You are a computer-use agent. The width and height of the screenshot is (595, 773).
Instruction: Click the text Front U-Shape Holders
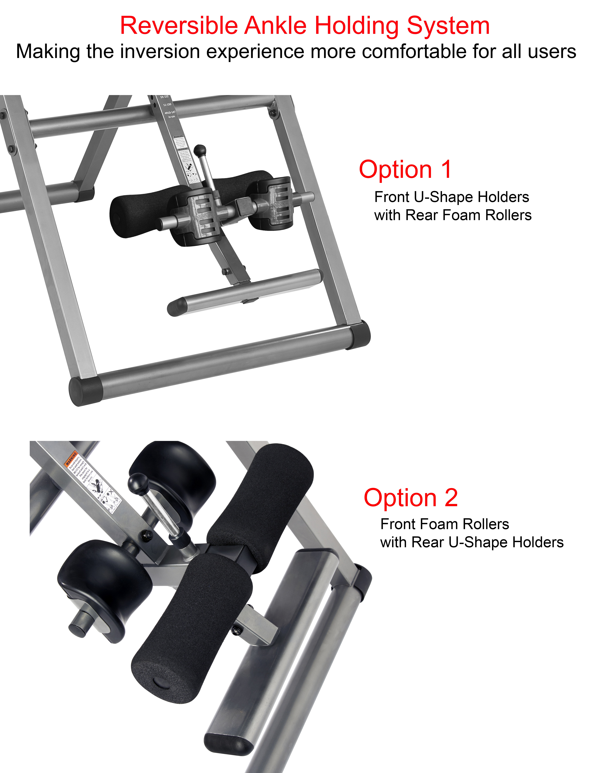pos(452,197)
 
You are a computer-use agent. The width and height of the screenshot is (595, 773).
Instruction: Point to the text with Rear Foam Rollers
pos(453,215)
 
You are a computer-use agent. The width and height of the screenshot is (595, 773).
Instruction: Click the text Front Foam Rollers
pos(444,524)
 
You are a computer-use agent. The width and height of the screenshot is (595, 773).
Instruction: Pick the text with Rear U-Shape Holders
pos(472,542)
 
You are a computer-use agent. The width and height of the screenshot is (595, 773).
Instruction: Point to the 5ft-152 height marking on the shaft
pos(164,97)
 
